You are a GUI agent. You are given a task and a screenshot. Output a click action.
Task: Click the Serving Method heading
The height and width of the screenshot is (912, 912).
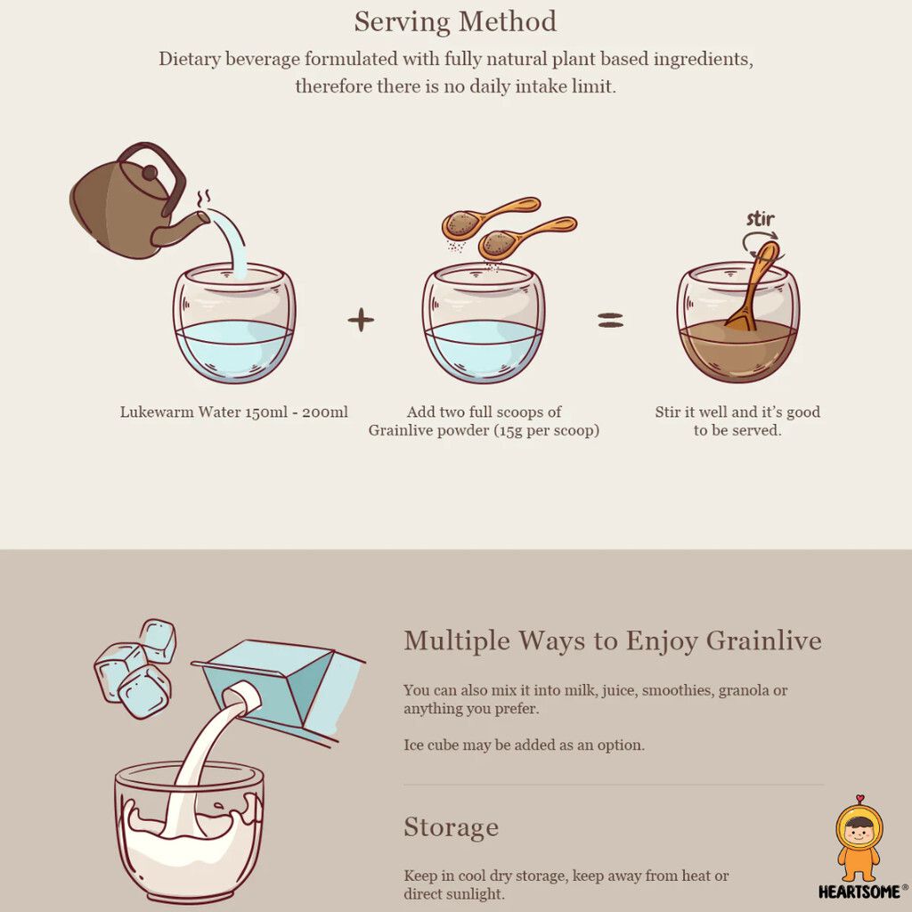coord(455,22)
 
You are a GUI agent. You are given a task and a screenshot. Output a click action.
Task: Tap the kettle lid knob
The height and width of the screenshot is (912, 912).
coord(150,173)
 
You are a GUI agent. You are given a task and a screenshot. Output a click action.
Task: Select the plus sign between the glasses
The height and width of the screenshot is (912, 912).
coord(361,320)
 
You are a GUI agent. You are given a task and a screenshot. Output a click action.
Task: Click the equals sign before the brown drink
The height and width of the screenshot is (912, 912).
coord(610,320)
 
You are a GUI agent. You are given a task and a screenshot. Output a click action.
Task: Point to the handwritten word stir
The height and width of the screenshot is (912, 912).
coord(761,219)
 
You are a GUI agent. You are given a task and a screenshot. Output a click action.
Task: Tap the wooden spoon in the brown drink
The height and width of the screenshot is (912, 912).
coord(755,285)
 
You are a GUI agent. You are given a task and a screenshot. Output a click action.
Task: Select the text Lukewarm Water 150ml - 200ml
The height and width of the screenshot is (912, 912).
coord(234,411)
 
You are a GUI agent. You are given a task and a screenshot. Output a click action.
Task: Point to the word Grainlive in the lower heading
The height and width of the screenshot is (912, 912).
coord(763,640)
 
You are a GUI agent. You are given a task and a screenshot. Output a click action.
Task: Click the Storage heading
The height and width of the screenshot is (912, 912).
coord(451,826)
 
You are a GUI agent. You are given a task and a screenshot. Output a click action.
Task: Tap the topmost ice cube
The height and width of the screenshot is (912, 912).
coord(158,640)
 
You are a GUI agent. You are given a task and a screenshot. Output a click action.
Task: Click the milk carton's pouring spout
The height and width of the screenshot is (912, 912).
coord(240,696)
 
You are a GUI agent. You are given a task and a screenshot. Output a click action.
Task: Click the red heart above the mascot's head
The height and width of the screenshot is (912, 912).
coord(860,798)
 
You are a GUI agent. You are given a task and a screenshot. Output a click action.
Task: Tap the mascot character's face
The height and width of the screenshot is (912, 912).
coord(859,834)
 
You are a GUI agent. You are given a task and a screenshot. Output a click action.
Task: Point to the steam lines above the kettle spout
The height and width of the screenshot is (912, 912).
coord(203,199)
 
